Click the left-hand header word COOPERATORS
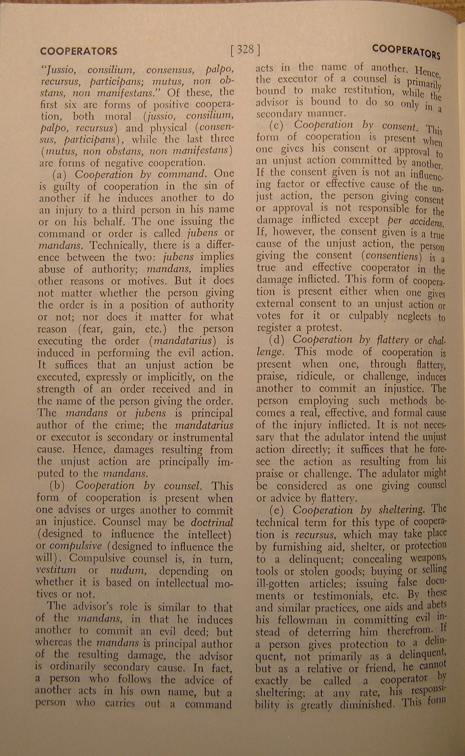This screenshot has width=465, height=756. point(79,51)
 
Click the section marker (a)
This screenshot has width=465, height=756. point(60,174)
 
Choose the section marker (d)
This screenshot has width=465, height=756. point(279,340)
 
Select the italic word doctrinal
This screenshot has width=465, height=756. point(212,523)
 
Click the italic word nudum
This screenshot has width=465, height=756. point(126,571)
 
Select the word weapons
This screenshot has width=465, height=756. point(427,558)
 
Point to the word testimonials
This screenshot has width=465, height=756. point(340,596)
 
